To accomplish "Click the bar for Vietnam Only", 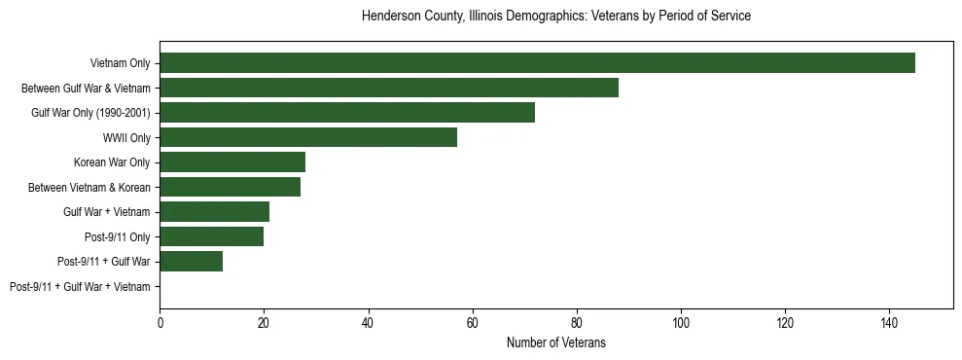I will point(537,63).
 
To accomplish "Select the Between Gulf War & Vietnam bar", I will point(389,88).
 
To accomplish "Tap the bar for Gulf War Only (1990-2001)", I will point(347,113).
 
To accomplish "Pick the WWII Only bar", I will point(308,137).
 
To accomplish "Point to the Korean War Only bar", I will point(232,162).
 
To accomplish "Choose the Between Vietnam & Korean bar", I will point(230,187).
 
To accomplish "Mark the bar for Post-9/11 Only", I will point(211,236).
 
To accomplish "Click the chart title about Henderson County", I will point(555,17).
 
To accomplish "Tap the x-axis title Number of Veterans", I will point(555,342).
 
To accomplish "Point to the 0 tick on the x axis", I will point(160,323).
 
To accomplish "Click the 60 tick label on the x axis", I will point(472,323).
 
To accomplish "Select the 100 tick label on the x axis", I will point(681,323).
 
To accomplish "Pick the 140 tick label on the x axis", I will point(889,323).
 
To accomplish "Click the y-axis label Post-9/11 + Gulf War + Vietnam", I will point(80,287).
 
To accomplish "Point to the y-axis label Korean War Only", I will point(112,162).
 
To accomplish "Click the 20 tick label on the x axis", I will point(264,323).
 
